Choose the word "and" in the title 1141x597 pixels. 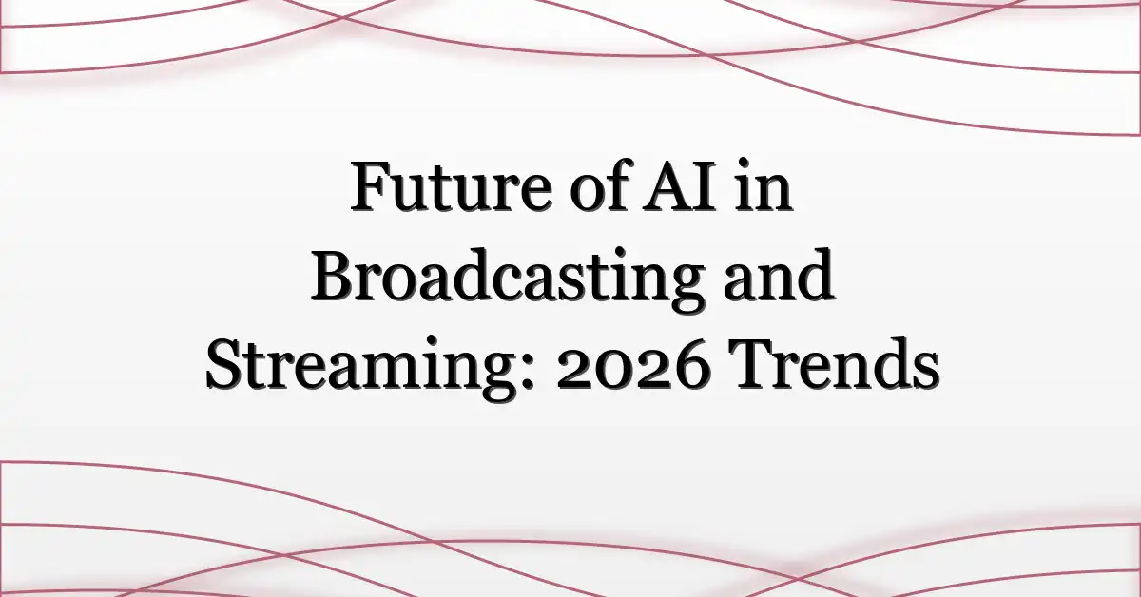(779, 275)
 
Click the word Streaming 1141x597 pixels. (366, 367)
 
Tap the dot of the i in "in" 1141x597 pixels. (746, 164)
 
